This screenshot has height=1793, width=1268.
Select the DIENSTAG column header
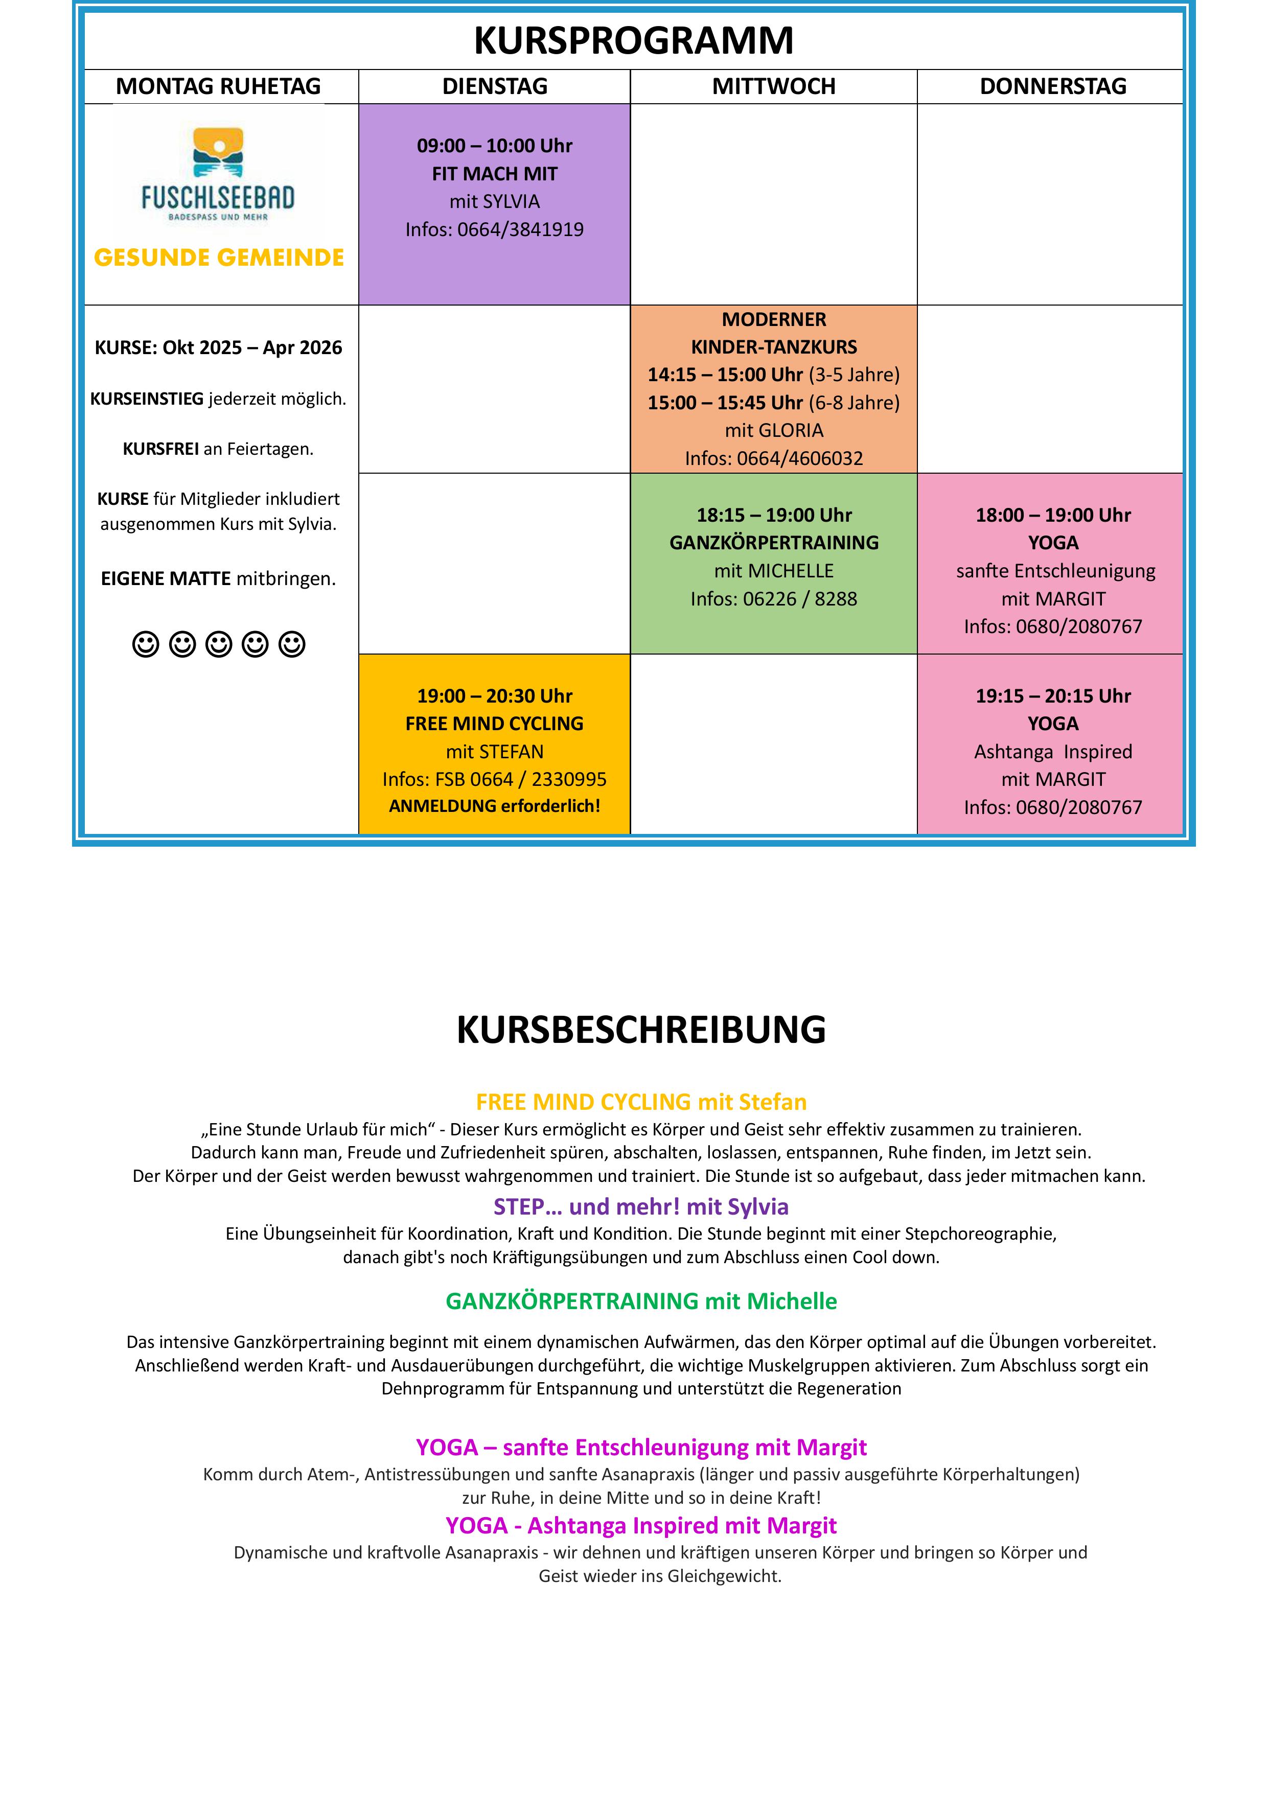point(495,86)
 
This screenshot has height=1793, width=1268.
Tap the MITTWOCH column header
point(773,86)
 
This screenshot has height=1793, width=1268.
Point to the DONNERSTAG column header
point(1052,86)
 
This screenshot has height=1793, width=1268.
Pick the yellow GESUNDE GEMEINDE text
point(219,258)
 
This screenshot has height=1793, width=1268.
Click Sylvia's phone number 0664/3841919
point(520,229)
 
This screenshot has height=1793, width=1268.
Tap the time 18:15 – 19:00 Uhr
point(773,515)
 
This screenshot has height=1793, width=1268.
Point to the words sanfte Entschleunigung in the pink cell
point(1055,571)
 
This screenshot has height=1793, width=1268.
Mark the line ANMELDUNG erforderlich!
point(495,806)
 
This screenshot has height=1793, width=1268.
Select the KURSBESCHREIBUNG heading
point(640,1029)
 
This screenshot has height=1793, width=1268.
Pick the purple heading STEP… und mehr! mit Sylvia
point(640,1206)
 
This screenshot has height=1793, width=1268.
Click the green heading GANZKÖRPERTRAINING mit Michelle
point(640,1301)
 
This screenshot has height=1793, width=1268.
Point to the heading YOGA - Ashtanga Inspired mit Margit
point(640,1525)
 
